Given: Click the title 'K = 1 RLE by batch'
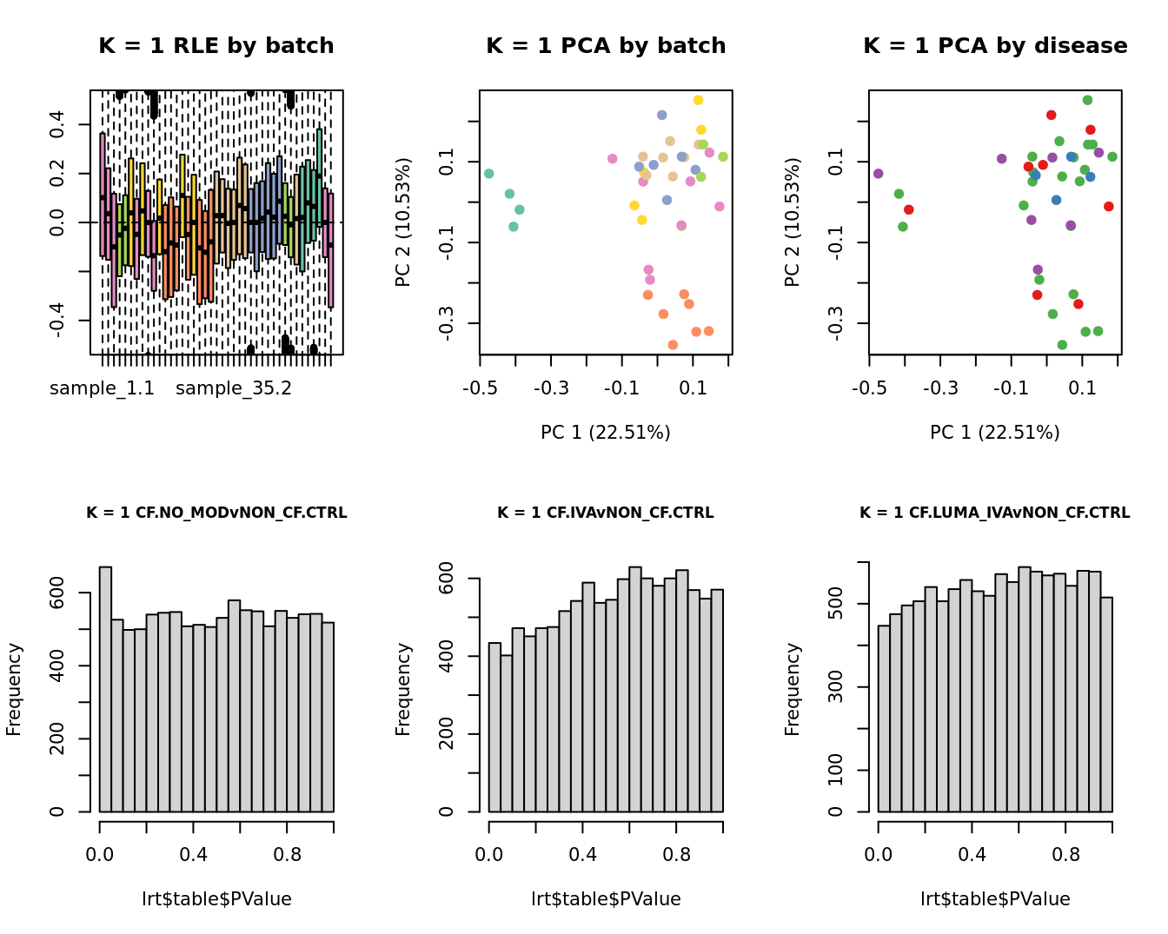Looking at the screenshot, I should point(216,46).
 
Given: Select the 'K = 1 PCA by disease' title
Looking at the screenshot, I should point(995,46).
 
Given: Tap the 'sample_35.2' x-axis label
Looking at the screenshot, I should point(234,388).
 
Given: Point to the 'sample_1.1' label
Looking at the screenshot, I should point(102,388).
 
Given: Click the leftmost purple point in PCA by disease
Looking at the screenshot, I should point(878,174).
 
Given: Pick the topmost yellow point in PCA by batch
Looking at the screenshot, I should point(698,100).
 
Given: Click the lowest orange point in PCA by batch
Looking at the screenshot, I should point(673,345).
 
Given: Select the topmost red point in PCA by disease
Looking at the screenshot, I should point(1052,115).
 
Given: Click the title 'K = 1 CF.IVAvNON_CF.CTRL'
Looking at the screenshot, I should point(606,513).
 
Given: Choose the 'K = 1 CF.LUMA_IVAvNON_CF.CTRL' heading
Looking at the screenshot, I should point(995,513).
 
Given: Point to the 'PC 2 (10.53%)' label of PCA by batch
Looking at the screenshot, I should point(403,222).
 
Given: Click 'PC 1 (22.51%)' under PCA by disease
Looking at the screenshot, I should point(995,432).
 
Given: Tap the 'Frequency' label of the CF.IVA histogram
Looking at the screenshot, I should point(403,689).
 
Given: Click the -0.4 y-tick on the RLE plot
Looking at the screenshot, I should point(57,321).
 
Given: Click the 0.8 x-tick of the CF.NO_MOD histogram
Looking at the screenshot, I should point(288,855).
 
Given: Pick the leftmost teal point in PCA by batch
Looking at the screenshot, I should point(489,174).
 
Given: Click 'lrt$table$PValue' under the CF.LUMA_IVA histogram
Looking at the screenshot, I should point(995,899).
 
